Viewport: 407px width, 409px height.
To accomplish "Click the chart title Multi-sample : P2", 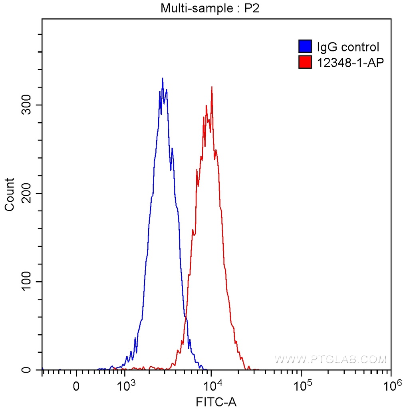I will [210, 8].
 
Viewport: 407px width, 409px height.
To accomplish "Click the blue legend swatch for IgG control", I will [305, 47].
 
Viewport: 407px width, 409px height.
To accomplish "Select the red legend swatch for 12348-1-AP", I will [305, 62].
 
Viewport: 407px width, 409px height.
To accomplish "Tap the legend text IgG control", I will [347, 47].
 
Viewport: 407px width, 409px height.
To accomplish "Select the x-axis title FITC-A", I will [216, 402].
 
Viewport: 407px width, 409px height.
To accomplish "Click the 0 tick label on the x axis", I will [76, 387].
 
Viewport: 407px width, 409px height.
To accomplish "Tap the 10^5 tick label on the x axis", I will [303, 386].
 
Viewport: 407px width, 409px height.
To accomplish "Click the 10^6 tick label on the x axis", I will [391, 386].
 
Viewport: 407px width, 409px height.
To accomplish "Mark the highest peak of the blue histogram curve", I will [162, 79].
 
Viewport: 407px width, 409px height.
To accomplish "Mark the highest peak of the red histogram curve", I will [212, 87].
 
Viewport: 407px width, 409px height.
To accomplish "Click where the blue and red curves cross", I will [185, 318].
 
